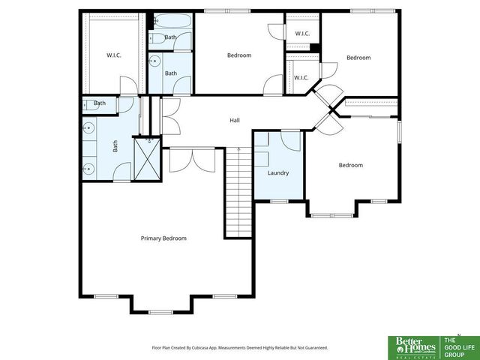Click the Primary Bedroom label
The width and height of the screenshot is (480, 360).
tap(163, 238)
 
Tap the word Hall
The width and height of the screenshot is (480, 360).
tap(234, 120)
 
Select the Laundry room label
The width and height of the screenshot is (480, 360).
tap(278, 173)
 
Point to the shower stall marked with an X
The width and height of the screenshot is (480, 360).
tap(147, 159)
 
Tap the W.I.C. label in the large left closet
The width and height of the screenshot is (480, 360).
tap(113, 55)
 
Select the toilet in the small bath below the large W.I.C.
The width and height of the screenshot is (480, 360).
tap(88, 103)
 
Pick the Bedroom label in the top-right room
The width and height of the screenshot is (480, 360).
tap(358, 58)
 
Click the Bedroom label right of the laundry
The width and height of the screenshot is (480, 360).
tap(350, 165)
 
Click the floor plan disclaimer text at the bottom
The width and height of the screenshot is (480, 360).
tap(239, 348)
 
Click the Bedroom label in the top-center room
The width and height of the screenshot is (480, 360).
tap(239, 55)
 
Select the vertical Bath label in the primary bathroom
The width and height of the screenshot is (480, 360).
tap(115, 147)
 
